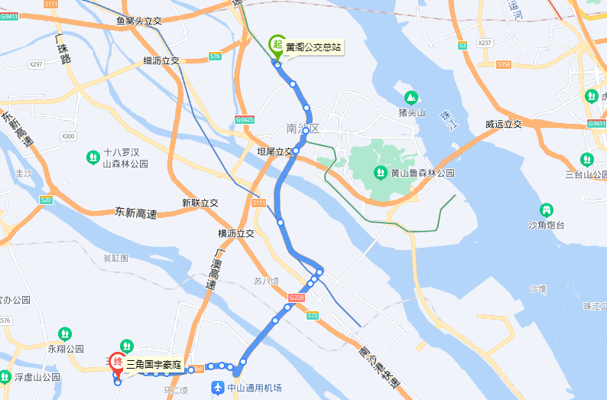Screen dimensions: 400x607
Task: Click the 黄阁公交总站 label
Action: click(x=313, y=48)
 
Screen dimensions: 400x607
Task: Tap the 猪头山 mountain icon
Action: click(x=411, y=97)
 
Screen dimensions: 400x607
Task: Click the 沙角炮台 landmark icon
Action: click(x=546, y=210)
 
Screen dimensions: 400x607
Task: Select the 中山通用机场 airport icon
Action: click(x=218, y=388)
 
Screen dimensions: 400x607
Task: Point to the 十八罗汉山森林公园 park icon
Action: click(x=93, y=158)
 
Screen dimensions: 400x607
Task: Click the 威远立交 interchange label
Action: click(x=503, y=124)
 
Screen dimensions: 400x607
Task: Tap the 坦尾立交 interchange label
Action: click(x=275, y=152)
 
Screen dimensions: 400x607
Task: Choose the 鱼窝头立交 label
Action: click(x=139, y=21)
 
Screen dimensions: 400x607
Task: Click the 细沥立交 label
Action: click(x=161, y=60)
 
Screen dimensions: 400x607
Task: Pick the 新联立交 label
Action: click(x=200, y=203)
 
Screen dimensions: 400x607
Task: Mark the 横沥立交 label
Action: click(x=235, y=233)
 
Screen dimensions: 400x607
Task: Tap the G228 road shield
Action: click(x=297, y=297)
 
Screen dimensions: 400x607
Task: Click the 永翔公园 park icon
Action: click(x=65, y=334)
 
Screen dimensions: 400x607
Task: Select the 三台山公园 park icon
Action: click(x=587, y=159)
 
